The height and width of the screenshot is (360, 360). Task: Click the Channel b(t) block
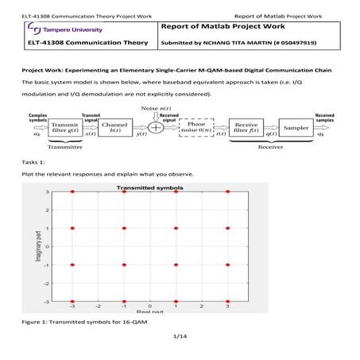[x=116, y=129]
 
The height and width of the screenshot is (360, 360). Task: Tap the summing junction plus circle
[x=156, y=129]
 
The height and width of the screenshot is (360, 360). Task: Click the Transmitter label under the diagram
[x=64, y=148]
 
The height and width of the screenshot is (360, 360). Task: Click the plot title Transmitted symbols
[x=150, y=188]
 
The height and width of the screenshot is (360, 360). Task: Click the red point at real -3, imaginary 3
[x=72, y=192]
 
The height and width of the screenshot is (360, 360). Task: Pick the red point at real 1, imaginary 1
[x=176, y=228]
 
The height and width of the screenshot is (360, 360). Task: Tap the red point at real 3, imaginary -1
[x=229, y=265]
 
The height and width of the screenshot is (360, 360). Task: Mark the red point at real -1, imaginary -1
[x=125, y=265]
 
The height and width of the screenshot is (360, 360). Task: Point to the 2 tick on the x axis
[x=203, y=306]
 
